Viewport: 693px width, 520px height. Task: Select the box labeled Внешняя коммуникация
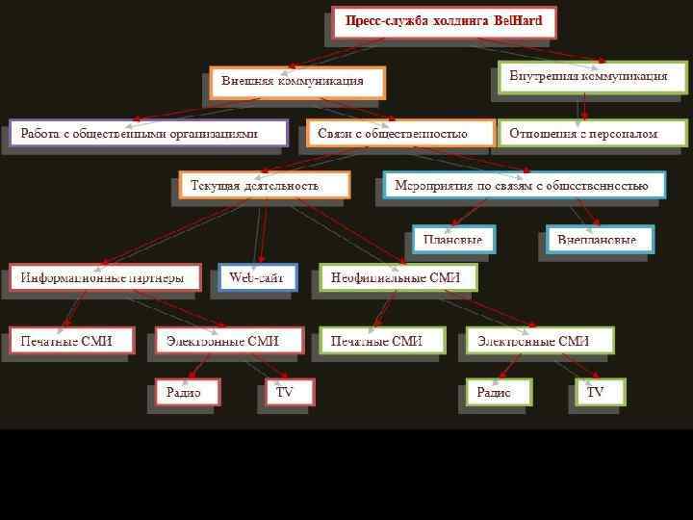click(x=297, y=82)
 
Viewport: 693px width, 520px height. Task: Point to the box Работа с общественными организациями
click(x=147, y=133)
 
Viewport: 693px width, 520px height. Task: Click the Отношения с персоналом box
click(x=591, y=133)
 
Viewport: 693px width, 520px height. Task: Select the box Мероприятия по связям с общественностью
click(x=523, y=184)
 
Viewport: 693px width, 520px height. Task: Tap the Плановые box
click(x=454, y=238)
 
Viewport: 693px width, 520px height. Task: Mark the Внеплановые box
click(x=597, y=238)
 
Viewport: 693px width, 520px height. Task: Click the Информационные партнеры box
click(x=105, y=277)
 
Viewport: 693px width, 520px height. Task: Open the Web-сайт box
click(x=257, y=277)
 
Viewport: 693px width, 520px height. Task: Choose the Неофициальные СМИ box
click(x=398, y=277)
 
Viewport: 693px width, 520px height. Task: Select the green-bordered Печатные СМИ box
click(x=382, y=340)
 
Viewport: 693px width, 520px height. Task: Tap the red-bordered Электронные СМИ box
click(x=229, y=340)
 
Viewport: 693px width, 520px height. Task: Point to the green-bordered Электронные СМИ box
click(x=540, y=340)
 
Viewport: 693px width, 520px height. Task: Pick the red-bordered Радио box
click(x=187, y=391)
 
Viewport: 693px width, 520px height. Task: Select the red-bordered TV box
click(x=287, y=391)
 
